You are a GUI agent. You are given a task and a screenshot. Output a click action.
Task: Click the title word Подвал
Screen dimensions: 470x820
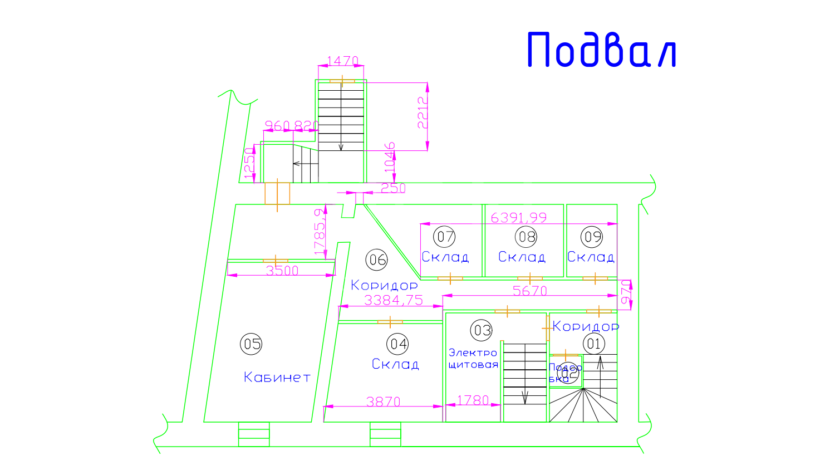point(601,50)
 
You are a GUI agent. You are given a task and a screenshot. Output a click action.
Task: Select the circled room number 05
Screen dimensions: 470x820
point(251,344)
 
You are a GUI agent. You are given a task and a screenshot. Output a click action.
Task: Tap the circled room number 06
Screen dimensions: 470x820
point(376,259)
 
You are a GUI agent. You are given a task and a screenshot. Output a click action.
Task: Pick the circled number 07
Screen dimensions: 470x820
point(445,237)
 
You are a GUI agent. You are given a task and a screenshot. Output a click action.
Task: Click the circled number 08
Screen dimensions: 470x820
point(526,237)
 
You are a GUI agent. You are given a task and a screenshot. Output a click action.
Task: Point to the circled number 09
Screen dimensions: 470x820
point(592,237)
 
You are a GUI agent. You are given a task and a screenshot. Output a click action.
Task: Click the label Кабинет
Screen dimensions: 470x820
point(277,377)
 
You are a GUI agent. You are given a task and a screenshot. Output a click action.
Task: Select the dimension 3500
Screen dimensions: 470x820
point(282,271)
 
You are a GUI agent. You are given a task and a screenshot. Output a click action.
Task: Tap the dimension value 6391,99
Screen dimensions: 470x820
point(518,217)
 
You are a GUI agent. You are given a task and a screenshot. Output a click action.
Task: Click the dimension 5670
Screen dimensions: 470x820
point(529,291)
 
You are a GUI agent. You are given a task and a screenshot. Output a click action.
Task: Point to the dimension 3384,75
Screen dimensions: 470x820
point(394,300)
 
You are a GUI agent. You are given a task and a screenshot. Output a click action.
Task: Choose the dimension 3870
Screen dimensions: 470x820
point(383,401)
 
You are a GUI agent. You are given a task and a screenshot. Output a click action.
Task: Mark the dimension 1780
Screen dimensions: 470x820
point(473,400)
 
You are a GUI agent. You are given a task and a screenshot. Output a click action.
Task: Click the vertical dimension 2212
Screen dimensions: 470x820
point(423,113)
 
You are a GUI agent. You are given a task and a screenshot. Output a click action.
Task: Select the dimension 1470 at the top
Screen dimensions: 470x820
point(342,60)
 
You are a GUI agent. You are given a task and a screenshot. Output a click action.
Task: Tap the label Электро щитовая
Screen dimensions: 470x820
point(473,359)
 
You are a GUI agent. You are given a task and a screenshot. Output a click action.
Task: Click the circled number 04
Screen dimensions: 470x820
point(399,344)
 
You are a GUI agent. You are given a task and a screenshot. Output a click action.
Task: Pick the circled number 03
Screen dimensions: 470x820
point(482,330)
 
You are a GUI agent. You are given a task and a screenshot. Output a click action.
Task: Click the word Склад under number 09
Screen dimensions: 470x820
point(591,257)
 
